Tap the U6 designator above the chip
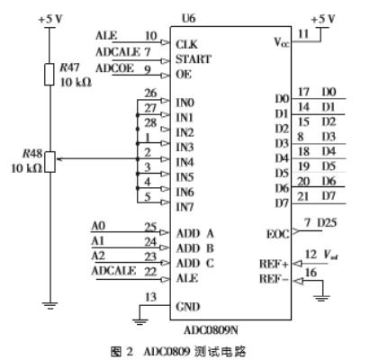click(x=187, y=18)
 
